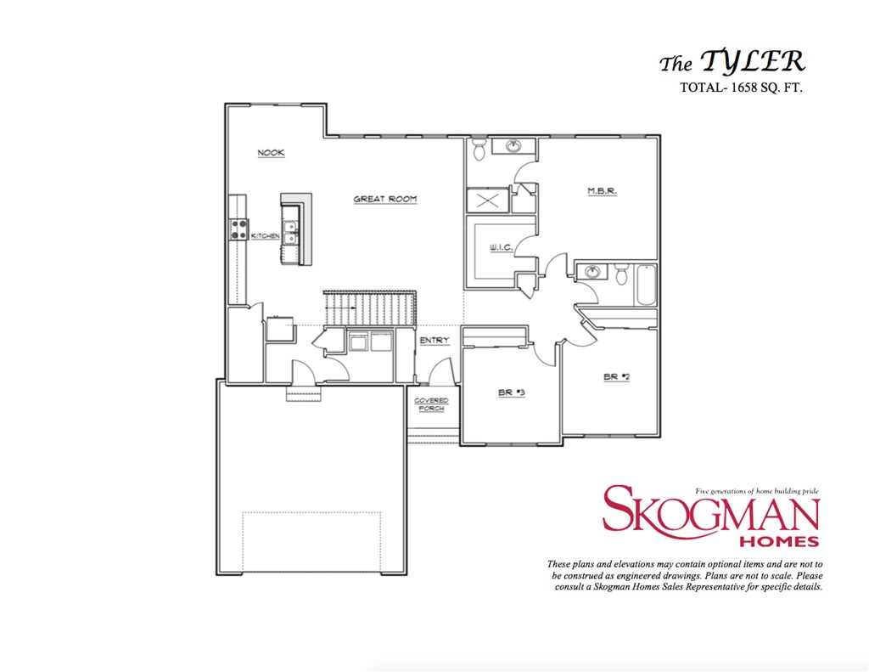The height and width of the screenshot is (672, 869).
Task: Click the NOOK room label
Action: (272, 153)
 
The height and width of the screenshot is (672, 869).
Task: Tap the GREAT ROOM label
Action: (385, 199)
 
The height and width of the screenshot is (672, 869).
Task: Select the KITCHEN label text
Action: (265, 235)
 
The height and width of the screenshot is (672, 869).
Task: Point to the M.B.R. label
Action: (602, 191)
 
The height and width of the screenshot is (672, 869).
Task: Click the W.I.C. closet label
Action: (498, 248)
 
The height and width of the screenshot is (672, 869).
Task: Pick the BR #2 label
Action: (616, 376)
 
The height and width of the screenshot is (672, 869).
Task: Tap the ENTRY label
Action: (434, 341)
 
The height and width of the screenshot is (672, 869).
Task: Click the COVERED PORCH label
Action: (431, 404)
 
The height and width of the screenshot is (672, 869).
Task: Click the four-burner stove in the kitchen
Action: (237, 229)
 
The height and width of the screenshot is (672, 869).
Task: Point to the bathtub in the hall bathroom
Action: (646, 287)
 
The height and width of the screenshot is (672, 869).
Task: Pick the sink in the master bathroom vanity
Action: (513, 147)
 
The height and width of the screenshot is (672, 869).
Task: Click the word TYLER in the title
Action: (752, 62)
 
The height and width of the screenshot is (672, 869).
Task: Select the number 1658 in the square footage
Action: (748, 88)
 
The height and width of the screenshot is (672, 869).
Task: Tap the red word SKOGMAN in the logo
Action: (710, 511)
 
